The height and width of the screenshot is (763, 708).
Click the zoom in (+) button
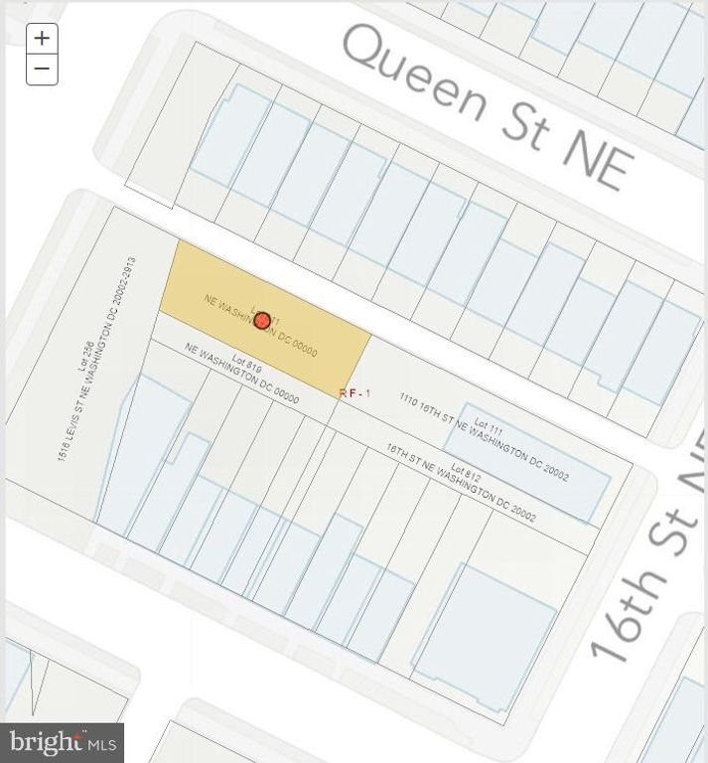pyautogui.click(x=42, y=39)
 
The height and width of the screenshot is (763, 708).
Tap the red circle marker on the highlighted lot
pyautogui.click(x=262, y=320)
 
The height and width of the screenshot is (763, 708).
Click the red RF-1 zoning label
pyautogui.click(x=354, y=393)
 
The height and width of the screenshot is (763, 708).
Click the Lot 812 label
pyautogui.click(x=466, y=474)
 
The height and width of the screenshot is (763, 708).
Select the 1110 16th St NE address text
pyautogui.click(x=484, y=436)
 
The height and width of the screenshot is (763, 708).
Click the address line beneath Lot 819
pyautogui.click(x=242, y=373)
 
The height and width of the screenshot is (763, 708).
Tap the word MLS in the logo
pyautogui.click(x=103, y=742)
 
